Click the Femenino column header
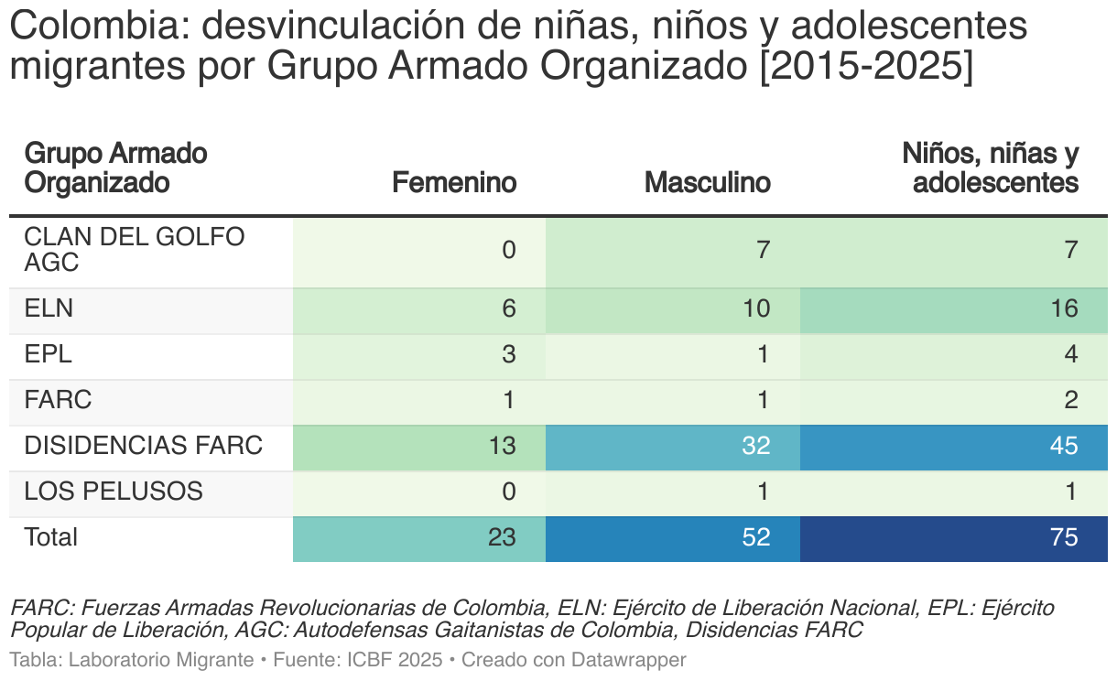click(x=454, y=183)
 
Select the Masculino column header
click(x=707, y=183)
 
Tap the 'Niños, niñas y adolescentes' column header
click(x=991, y=168)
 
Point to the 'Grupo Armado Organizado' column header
click(x=115, y=168)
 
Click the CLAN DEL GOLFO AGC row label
click(x=134, y=250)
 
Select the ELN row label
click(x=49, y=309)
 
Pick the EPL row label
click(x=48, y=355)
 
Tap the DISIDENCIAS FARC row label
click(x=143, y=447)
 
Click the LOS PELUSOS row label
click(x=113, y=492)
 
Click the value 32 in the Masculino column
click(x=755, y=447)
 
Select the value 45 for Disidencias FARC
click(x=1063, y=447)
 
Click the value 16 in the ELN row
click(x=1064, y=309)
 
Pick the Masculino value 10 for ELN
click(x=755, y=309)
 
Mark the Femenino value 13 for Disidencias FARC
click(x=501, y=447)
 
